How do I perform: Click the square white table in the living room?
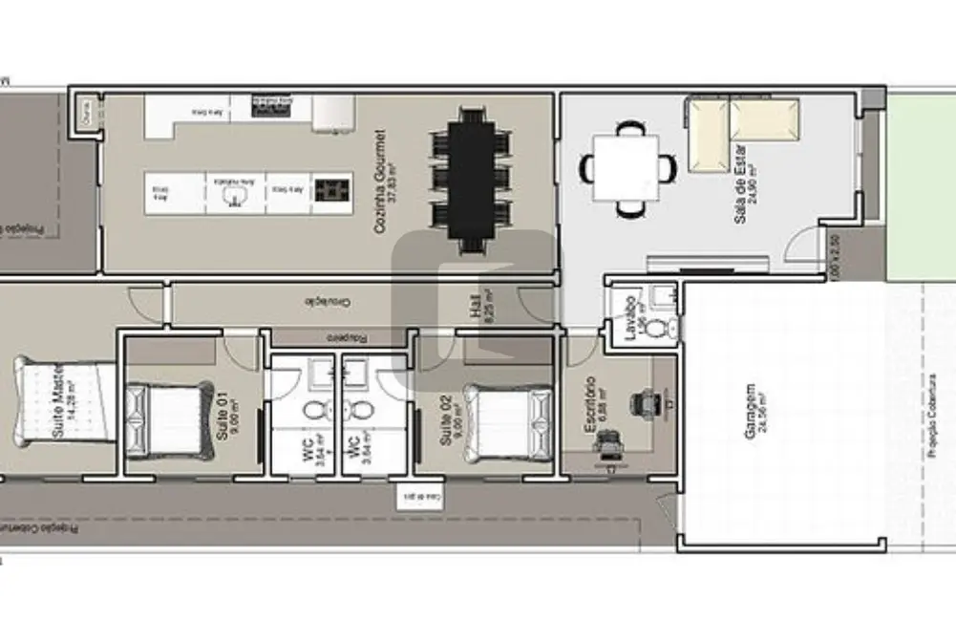click(x=626, y=167)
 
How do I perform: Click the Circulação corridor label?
click(x=328, y=303)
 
